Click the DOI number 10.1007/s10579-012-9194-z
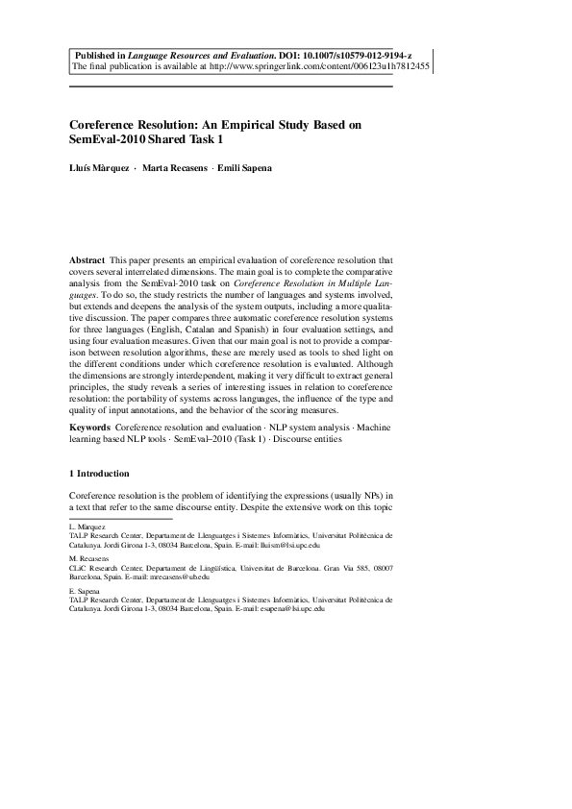click(357, 57)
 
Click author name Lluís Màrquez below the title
click(99, 168)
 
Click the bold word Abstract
click(87, 260)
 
